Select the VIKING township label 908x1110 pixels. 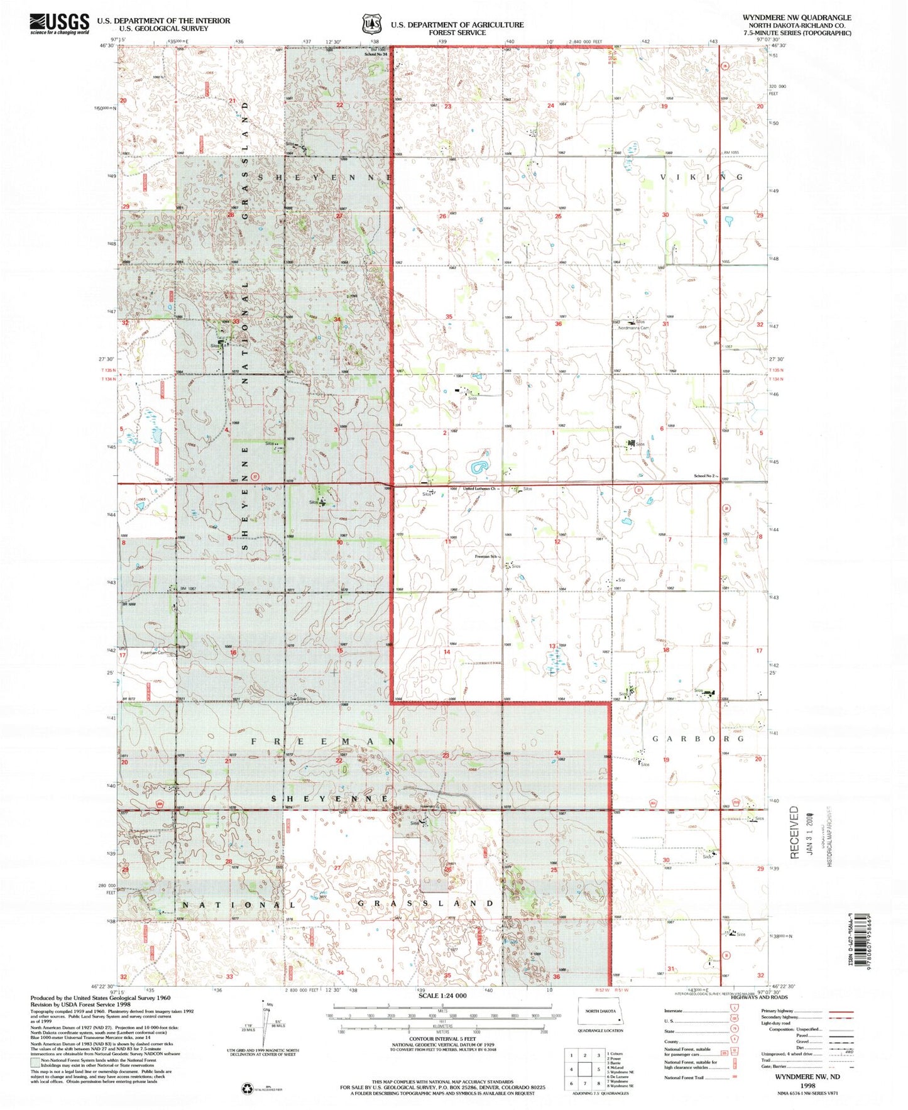tap(701, 177)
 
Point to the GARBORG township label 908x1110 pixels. tap(697, 739)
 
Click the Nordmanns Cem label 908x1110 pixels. tap(633, 328)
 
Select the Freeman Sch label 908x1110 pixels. tap(488, 556)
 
